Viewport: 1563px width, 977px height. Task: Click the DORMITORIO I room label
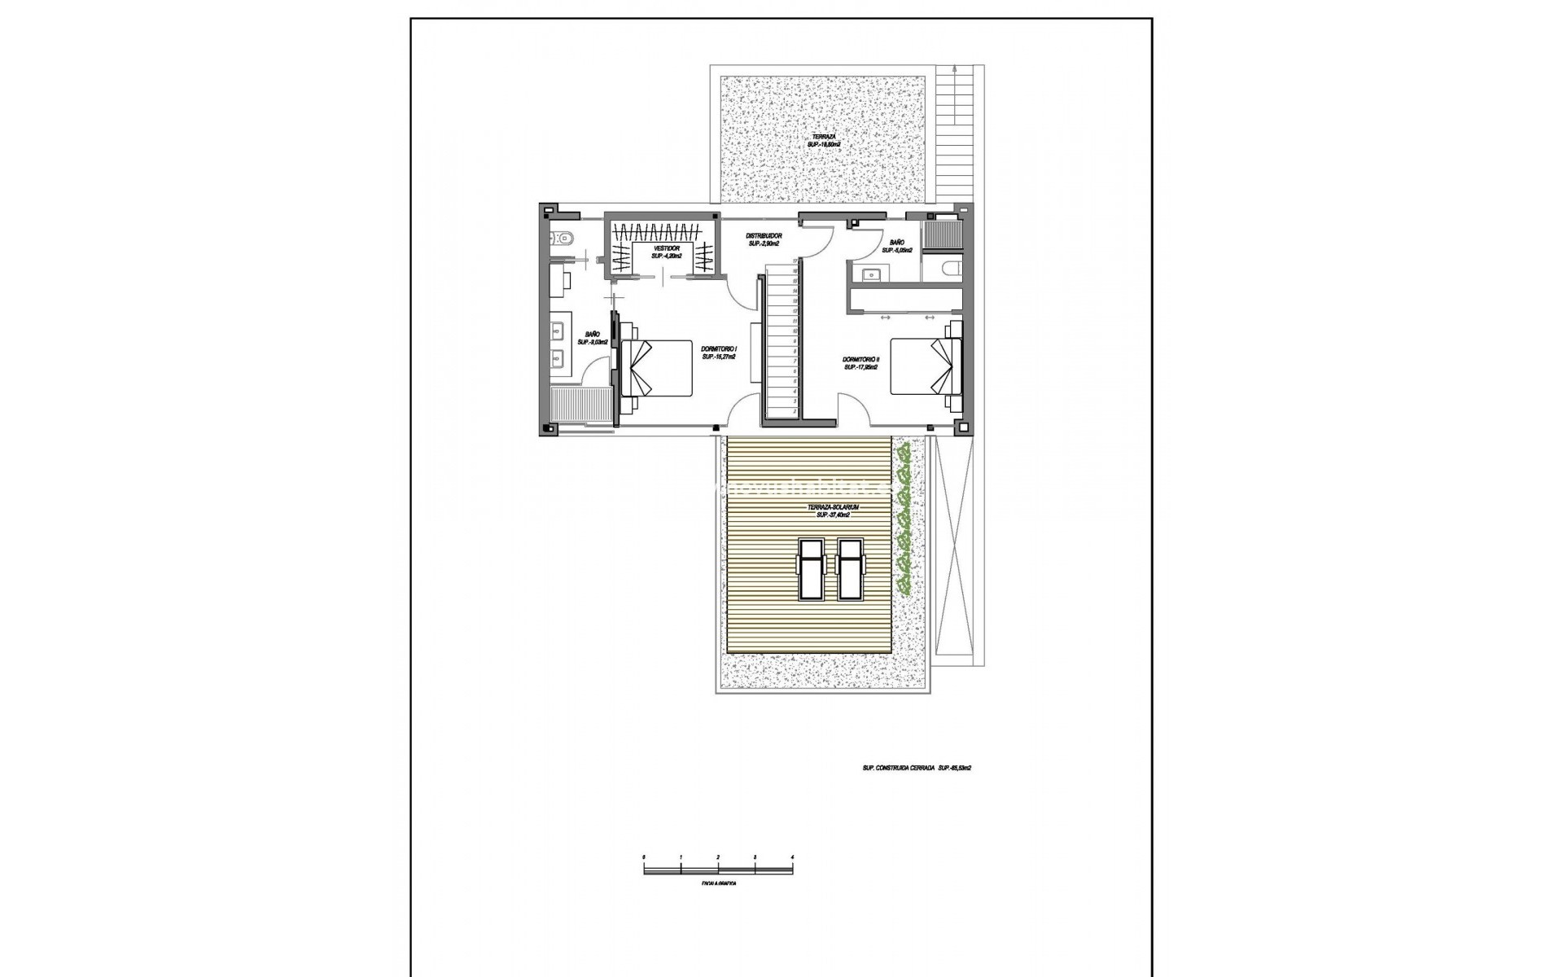pos(719,352)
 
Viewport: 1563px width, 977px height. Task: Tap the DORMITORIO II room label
pos(860,362)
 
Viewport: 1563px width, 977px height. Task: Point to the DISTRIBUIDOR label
pos(764,239)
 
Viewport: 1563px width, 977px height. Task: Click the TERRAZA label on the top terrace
pos(824,140)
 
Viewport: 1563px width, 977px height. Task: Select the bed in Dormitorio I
pos(656,368)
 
